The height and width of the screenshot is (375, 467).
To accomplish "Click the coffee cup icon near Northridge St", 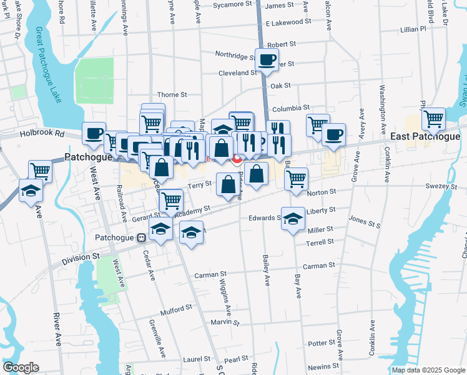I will coord(267,61).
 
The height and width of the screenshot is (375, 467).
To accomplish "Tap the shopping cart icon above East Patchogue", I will coord(433,118).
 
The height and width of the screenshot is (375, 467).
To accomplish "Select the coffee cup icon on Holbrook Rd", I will coord(94,134).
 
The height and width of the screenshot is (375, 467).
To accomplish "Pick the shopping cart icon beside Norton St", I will coord(296,179).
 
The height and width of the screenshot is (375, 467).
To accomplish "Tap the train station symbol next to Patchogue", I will coord(142,237).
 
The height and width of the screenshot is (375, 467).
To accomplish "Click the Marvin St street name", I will coord(225,322).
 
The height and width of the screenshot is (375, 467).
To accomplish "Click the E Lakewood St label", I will coord(288,22).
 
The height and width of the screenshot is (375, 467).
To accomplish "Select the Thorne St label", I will coord(172,94).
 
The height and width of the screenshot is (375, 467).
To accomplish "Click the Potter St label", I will coord(322,344).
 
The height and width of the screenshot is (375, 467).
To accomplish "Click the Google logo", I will coord(21,367).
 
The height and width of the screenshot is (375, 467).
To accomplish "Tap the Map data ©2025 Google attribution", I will coord(428,370).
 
